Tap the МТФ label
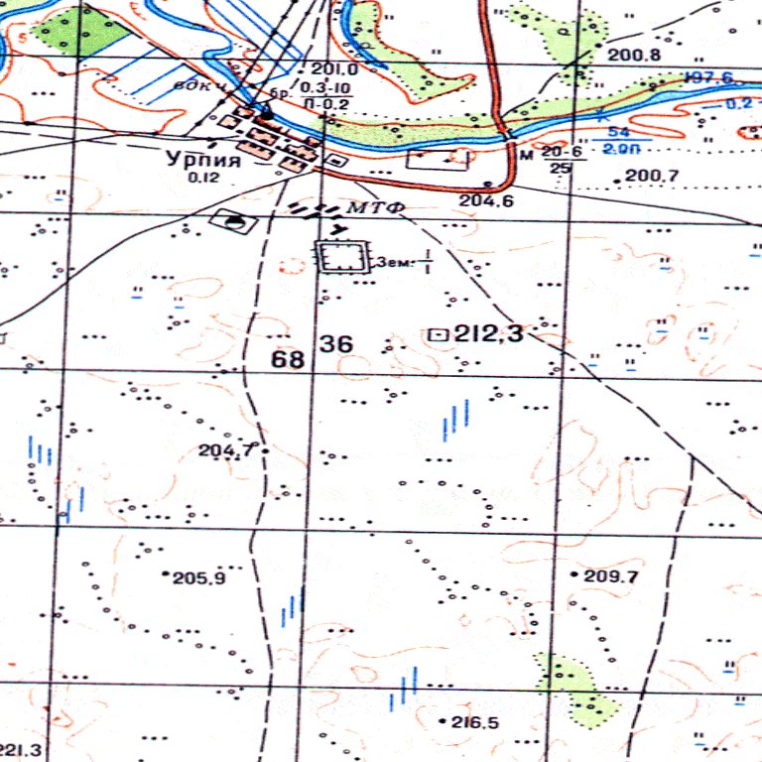366,208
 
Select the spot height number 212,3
488,335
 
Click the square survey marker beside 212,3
436,335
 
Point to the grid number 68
289,358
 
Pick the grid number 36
336,344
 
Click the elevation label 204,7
227,450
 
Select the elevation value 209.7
611,576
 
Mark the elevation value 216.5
473,722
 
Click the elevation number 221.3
20,749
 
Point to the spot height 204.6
483,200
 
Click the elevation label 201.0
333,69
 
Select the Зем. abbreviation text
394,264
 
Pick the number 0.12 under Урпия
203,178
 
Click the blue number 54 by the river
619,133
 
